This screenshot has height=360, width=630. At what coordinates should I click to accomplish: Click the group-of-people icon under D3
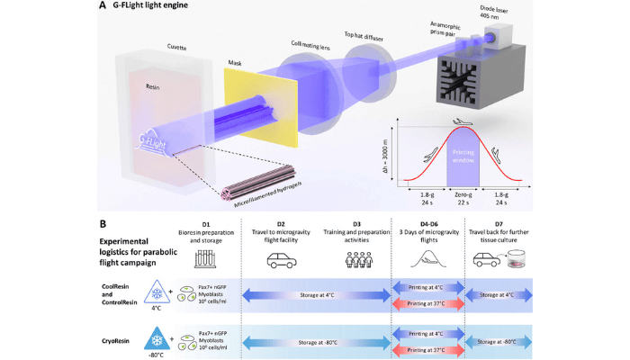click(x=357, y=261)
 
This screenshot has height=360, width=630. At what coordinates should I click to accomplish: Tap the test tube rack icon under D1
click(x=204, y=261)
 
